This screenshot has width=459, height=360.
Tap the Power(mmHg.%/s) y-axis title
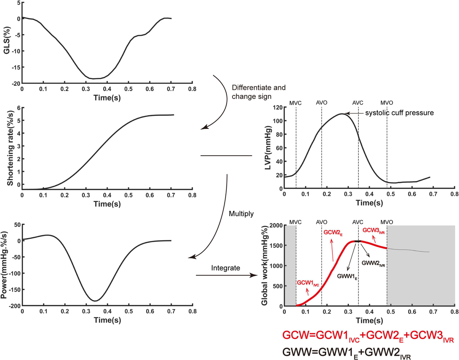[7, 264]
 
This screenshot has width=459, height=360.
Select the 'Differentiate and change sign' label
[259, 91]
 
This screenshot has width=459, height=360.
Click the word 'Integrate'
[226, 269]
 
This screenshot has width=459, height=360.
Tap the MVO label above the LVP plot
[387, 103]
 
